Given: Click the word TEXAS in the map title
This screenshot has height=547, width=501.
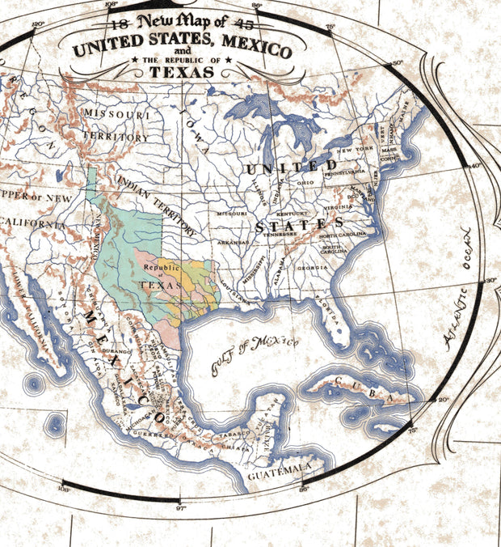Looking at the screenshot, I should tap(181, 72).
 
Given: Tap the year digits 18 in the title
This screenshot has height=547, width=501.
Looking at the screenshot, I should tap(122, 23).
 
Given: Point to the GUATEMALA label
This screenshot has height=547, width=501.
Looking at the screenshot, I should tap(279, 468).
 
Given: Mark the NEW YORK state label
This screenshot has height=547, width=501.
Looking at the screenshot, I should tap(352, 151).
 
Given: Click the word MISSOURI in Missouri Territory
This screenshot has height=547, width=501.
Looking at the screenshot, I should tap(117, 115).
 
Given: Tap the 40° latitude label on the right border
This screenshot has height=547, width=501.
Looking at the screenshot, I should tap(475, 166).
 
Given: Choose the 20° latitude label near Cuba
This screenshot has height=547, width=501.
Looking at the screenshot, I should tap(442, 400).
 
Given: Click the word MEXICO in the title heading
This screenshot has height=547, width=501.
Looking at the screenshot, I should tap(251, 50).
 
